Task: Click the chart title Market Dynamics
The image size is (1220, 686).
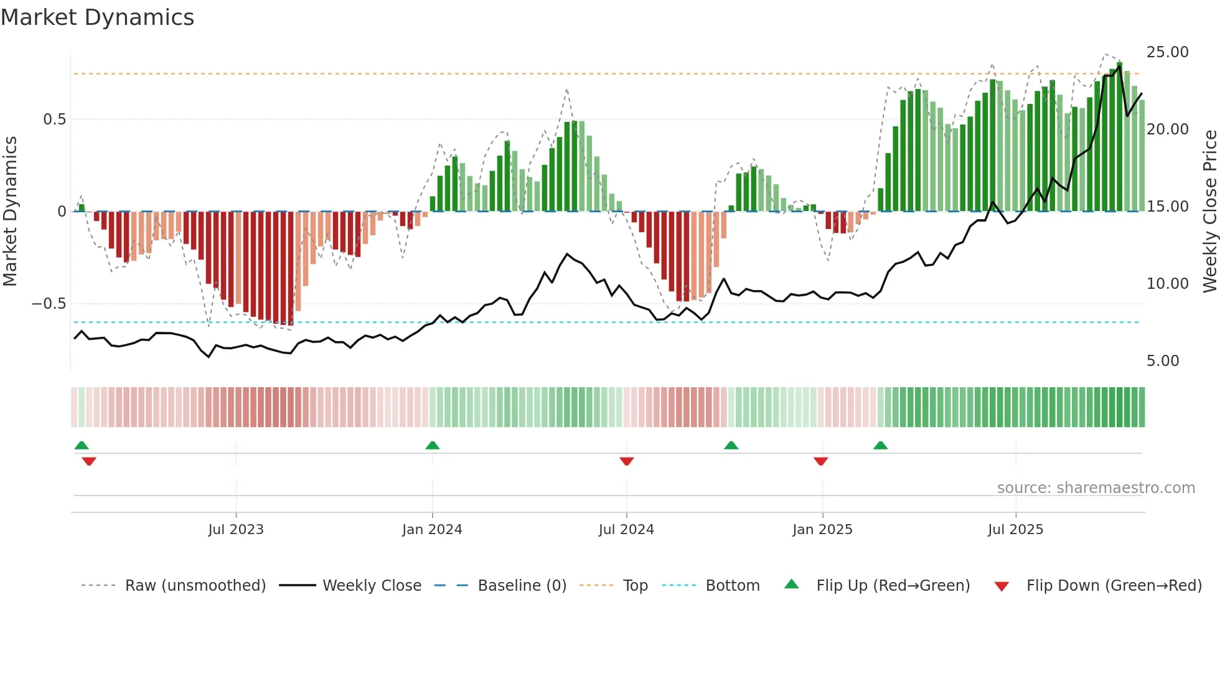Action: coord(97,17)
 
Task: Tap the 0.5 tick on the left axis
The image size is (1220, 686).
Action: coord(54,120)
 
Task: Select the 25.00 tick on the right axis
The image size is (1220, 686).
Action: coord(1167,52)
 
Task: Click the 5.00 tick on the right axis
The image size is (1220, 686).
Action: coord(1163,361)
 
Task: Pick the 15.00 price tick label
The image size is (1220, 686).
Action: coord(1167,207)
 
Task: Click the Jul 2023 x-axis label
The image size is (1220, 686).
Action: coord(236,530)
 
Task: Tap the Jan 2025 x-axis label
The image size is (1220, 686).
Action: coord(822,530)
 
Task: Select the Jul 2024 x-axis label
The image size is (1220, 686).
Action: coord(626,530)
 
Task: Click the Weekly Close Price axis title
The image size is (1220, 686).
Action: coord(1209,212)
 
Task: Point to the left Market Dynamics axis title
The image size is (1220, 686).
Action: coord(10,212)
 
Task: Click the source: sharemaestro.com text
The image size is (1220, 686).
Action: coord(1096,488)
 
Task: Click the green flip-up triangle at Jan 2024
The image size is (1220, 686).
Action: coord(433,445)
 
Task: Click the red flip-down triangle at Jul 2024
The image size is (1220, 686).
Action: coord(627,461)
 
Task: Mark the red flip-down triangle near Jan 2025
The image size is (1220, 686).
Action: coord(821,461)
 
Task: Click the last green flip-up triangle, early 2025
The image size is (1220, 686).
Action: coord(880,445)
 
